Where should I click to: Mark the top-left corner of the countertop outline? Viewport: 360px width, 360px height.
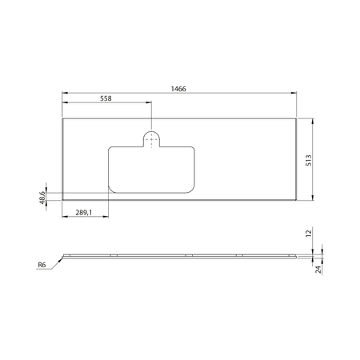pyautogui.click(x=62, y=120)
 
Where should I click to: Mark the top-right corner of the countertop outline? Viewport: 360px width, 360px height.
pyautogui.click(x=297, y=120)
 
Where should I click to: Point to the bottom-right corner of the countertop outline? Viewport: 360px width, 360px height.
pyautogui.click(x=297, y=198)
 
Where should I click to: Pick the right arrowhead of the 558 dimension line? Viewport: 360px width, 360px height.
pyautogui.click(x=149, y=102)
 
